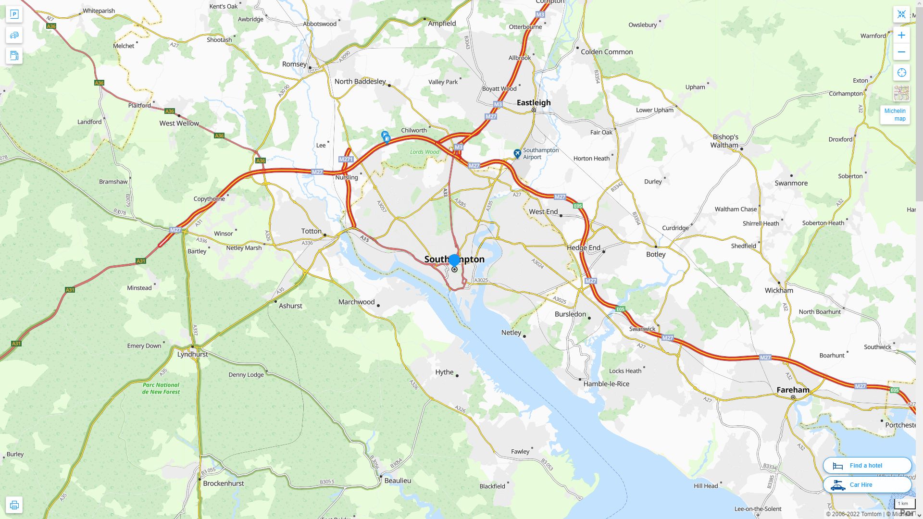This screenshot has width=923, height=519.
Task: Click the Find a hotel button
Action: coord(867,465)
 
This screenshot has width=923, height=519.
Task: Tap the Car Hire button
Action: coord(867,484)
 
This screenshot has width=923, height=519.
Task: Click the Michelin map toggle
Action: coord(895,115)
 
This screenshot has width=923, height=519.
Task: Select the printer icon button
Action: coord(14,505)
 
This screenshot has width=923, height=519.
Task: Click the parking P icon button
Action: coord(14,14)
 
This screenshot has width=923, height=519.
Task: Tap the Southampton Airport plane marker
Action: coord(517,153)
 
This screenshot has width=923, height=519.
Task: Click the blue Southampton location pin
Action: coord(454,261)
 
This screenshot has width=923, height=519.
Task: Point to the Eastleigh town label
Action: coord(534,102)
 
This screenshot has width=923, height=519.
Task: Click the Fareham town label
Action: coord(793,390)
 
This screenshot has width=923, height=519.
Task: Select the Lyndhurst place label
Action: coord(192,354)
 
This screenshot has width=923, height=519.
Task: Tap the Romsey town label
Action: coord(294,64)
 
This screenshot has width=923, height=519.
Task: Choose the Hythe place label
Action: coord(444,372)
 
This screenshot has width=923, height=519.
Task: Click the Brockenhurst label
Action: coord(223,483)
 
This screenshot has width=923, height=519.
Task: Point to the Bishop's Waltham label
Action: coord(725,141)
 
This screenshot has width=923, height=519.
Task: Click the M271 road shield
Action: coord(346,159)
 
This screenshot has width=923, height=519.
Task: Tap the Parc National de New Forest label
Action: coord(161,388)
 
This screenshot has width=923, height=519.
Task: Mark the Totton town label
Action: coord(311,231)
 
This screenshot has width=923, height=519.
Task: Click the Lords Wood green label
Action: coord(424,152)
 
